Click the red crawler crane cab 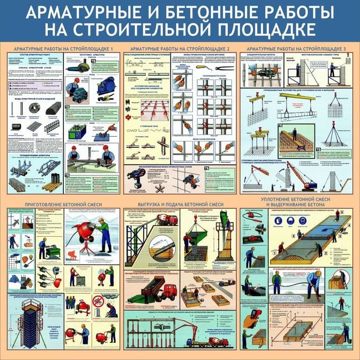point(311,184)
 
